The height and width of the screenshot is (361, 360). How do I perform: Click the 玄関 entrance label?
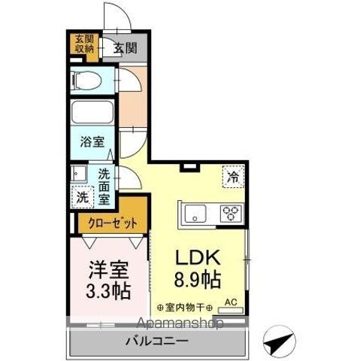tap(126, 48)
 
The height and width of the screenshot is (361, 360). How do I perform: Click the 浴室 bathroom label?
tap(92, 141)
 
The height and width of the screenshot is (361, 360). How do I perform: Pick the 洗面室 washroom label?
tap(105, 186)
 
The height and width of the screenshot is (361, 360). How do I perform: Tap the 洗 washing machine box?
tap(80, 198)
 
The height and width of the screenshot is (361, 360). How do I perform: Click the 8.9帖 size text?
tap(197, 281)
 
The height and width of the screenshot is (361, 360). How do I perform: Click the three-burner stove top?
tap(231, 214)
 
